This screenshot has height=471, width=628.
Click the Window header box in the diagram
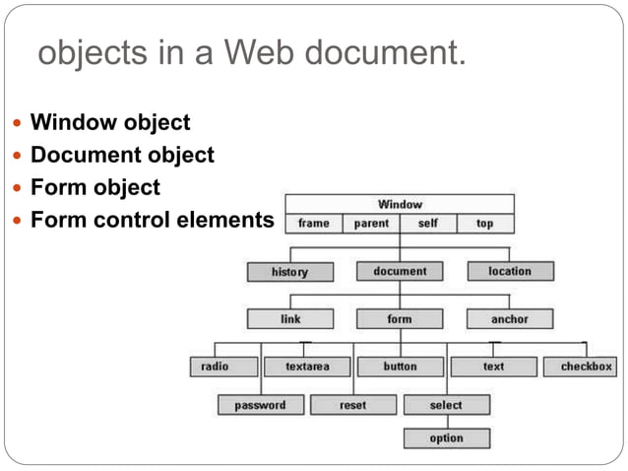click(x=400, y=204)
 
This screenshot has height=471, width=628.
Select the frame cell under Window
click(x=314, y=224)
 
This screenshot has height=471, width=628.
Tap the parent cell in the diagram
click(x=371, y=224)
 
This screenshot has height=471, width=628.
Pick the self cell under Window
click(x=428, y=224)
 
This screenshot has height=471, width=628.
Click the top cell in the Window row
click(x=484, y=224)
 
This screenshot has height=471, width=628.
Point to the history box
click(x=289, y=272)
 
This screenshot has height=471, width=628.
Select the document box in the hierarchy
click(x=400, y=271)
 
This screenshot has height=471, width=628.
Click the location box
click(x=510, y=271)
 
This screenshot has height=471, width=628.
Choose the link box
click(x=290, y=319)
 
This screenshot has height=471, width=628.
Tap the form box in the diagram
click(x=400, y=319)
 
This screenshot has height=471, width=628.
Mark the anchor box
click(x=510, y=319)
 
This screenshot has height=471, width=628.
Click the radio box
click(x=215, y=367)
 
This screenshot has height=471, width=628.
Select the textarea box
click(x=307, y=367)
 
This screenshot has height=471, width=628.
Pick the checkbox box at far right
click(x=587, y=367)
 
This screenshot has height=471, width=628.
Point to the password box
click(x=260, y=405)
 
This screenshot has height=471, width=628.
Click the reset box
click(x=353, y=405)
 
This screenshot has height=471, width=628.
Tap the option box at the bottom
click(x=446, y=438)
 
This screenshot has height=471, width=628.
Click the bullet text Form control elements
click(x=151, y=219)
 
